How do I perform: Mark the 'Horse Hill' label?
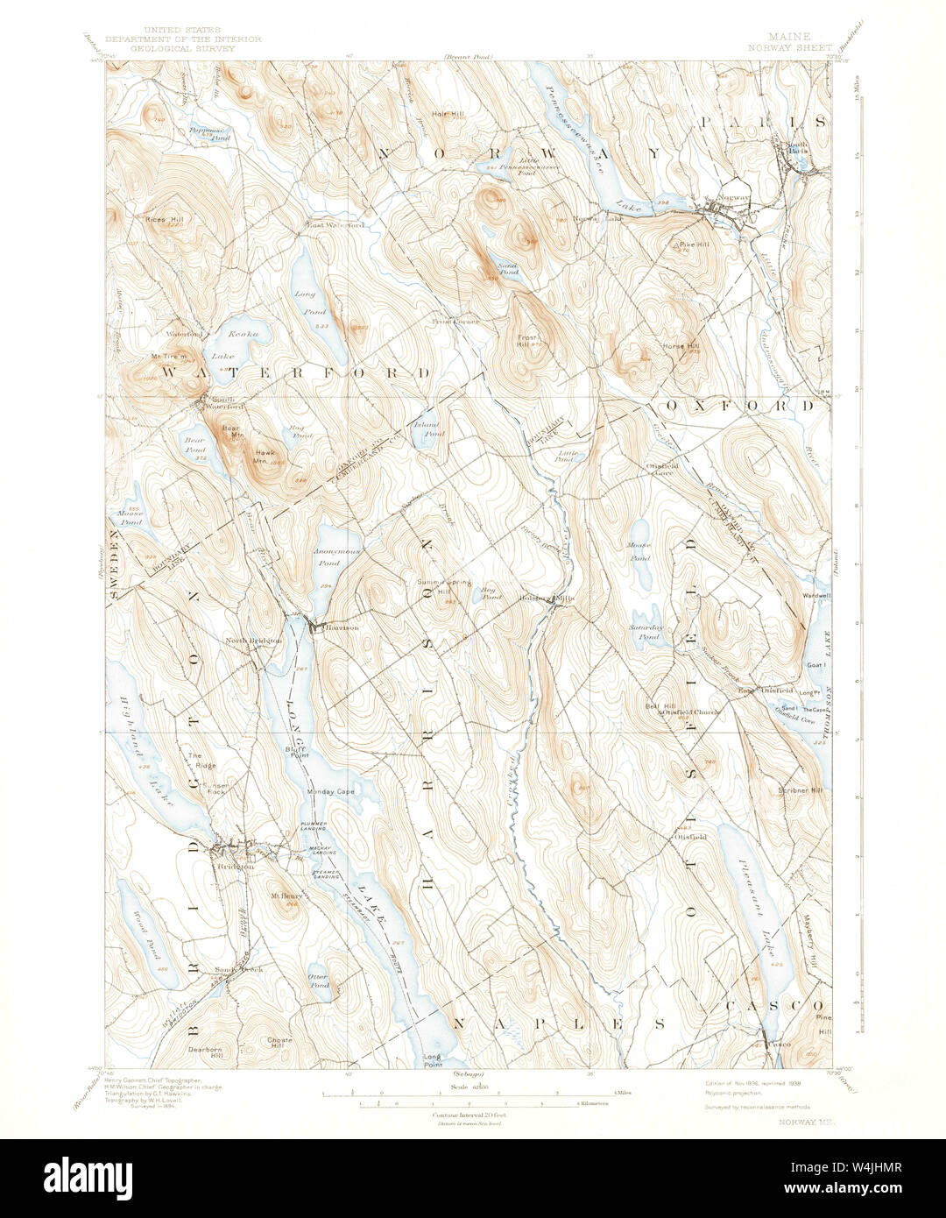click(681, 346)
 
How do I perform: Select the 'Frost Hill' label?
click(528, 341)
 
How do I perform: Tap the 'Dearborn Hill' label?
click(206, 1052)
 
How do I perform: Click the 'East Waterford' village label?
click(335, 225)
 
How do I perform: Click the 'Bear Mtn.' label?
click(230, 430)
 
